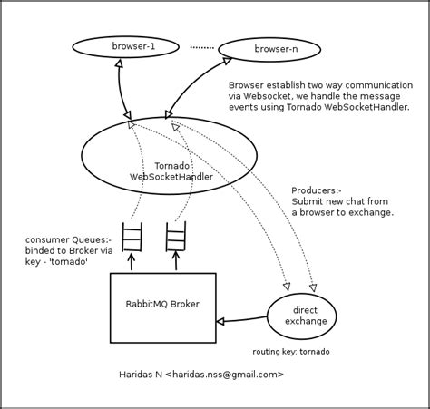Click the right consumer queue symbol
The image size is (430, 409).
pyautogui.click(x=175, y=237)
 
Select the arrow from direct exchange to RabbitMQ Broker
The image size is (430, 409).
pyautogui.click(x=242, y=319)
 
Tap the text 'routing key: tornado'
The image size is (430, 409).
pyautogui.click(x=290, y=351)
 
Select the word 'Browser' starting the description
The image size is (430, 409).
pyautogui.click(x=247, y=84)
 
